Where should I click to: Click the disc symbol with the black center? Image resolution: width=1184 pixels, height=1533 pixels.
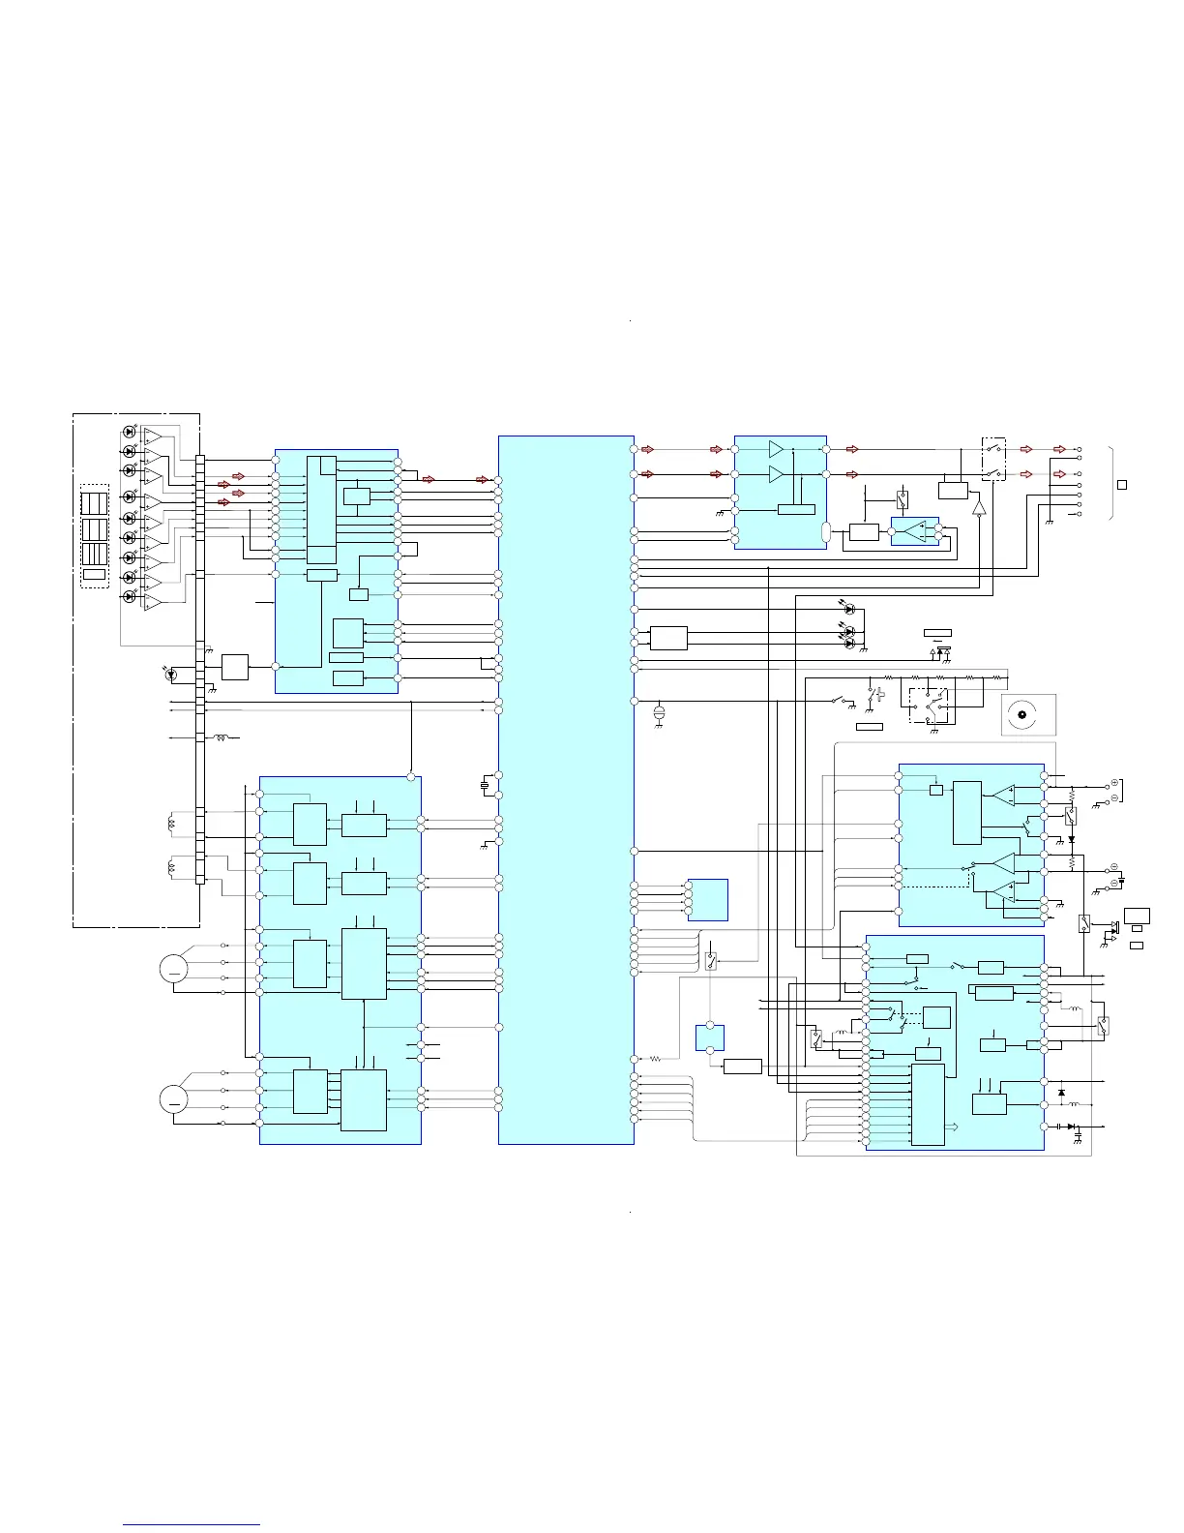[x=1021, y=716]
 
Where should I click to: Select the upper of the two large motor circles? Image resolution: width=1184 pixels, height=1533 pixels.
[x=174, y=969]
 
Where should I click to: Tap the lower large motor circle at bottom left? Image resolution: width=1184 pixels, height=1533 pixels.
[x=174, y=1097]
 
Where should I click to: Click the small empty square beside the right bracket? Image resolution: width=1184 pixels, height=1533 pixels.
[x=1122, y=484]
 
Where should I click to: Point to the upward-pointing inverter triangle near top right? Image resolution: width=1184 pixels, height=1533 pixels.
[x=979, y=507]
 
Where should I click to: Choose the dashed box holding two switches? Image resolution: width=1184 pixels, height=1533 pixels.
[x=993, y=459]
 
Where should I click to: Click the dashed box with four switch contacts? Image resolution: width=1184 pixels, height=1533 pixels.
[x=928, y=706]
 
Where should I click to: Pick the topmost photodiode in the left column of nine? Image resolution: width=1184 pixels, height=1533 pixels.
[x=130, y=432]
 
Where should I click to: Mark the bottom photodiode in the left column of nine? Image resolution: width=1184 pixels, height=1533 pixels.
[x=130, y=596]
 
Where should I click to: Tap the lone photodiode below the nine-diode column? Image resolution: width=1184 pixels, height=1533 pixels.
[x=171, y=672]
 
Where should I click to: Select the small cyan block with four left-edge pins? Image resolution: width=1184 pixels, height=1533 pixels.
[x=707, y=899]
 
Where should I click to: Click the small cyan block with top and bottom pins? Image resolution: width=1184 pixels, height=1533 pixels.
[x=709, y=1037]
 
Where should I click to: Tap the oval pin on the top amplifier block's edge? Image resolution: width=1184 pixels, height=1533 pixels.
[x=826, y=531]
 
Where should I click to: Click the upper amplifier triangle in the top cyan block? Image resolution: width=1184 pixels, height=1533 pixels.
[x=776, y=449]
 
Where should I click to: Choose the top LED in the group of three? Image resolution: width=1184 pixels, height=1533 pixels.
[x=849, y=610]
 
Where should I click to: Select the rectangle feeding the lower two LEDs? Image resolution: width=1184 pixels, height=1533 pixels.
[x=668, y=638]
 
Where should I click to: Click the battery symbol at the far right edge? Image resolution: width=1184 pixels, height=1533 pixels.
[x=1121, y=881]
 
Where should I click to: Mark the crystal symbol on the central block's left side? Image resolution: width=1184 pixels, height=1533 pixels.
[x=486, y=785]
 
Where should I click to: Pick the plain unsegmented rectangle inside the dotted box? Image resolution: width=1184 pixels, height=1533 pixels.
[x=94, y=575]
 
